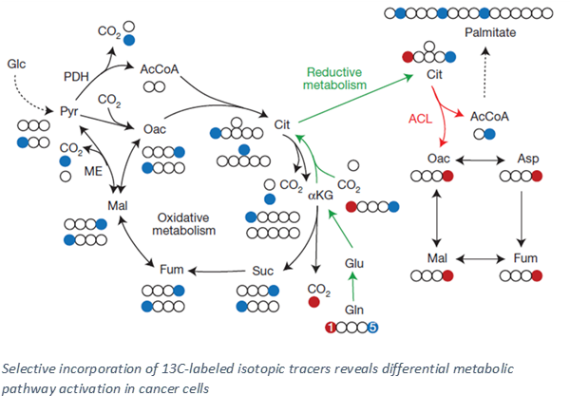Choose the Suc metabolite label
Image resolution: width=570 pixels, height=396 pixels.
pyautogui.click(x=262, y=272)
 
